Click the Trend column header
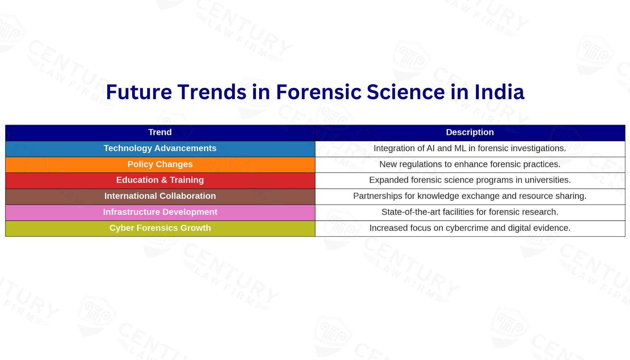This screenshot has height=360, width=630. [160, 133]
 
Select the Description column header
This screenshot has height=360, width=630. [470, 133]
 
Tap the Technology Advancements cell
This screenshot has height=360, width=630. [160, 149]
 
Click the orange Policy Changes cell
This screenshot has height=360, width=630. [160, 165]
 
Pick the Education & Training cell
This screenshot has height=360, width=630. [160, 180]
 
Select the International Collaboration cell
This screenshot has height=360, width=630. [160, 197]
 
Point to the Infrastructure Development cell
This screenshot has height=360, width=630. [160, 212]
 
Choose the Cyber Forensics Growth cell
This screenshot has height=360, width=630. [160, 229]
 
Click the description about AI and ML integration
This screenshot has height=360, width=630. [470, 149]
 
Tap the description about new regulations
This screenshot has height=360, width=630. [470, 165]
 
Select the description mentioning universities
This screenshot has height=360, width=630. [470, 180]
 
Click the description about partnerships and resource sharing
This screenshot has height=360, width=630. [470, 197]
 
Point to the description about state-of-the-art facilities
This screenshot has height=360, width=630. [470, 212]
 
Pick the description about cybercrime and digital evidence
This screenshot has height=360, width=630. [470, 229]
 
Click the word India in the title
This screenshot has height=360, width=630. [499, 92]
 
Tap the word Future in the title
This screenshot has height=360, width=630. [139, 92]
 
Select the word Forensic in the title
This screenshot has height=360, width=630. [319, 92]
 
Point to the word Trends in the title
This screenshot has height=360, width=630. [212, 92]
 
